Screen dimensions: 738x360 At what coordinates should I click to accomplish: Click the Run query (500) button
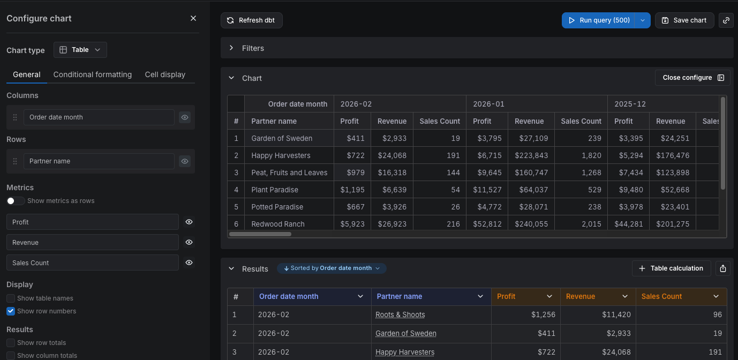pos(598,20)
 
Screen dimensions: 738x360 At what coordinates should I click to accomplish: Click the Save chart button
pos(684,20)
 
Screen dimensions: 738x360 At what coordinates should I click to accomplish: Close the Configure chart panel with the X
pos(193,18)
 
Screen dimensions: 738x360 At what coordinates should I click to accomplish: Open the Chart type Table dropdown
pos(80,50)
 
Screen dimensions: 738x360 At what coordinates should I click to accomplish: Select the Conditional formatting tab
pos(93,74)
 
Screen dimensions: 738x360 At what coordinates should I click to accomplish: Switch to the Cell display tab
pos(165,74)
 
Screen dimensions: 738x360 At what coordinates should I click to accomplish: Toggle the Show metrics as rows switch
pos(15,201)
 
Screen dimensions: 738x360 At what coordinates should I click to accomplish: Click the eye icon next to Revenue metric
pos(189,242)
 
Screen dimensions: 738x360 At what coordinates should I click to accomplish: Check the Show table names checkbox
pos(11,298)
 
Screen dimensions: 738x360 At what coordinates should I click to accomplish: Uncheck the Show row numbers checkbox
pos(11,311)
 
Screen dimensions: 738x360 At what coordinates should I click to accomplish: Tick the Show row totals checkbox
pos(11,343)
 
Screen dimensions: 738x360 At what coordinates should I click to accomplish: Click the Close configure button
pos(692,78)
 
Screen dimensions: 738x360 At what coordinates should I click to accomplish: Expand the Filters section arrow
pos(231,48)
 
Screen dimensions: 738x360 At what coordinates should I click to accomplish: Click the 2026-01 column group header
pos(488,104)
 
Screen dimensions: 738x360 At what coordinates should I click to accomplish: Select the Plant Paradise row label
pos(275,190)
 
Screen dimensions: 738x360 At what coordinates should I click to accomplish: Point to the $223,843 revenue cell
pos(531,155)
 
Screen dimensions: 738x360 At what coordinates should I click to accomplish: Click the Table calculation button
pos(671,268)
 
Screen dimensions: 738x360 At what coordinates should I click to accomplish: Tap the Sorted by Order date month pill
pos(332,268)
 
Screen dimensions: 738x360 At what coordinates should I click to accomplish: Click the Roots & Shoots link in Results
pos(400,315)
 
